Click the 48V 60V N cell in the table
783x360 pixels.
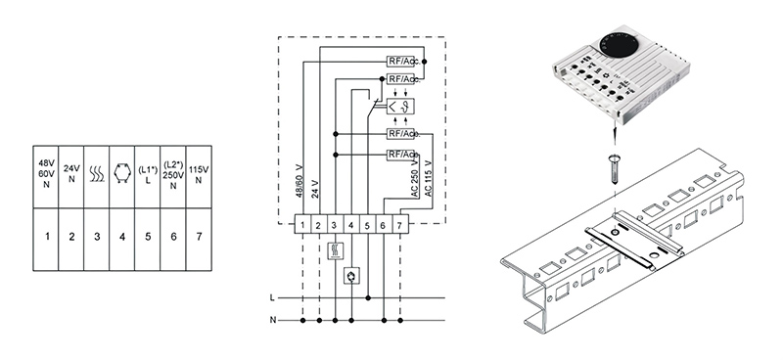(46, 177)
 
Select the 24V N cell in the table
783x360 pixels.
(71, 177)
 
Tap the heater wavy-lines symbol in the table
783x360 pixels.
(97, 174)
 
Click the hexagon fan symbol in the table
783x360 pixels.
(121, 174)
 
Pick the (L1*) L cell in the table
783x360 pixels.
(148, 177)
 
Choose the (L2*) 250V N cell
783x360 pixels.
(173, 177)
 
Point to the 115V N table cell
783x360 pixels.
(199, 177)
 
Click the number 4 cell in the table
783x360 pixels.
(122, 240)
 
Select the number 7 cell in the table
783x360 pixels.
(199, 240)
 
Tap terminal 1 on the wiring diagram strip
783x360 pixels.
(302, 226)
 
